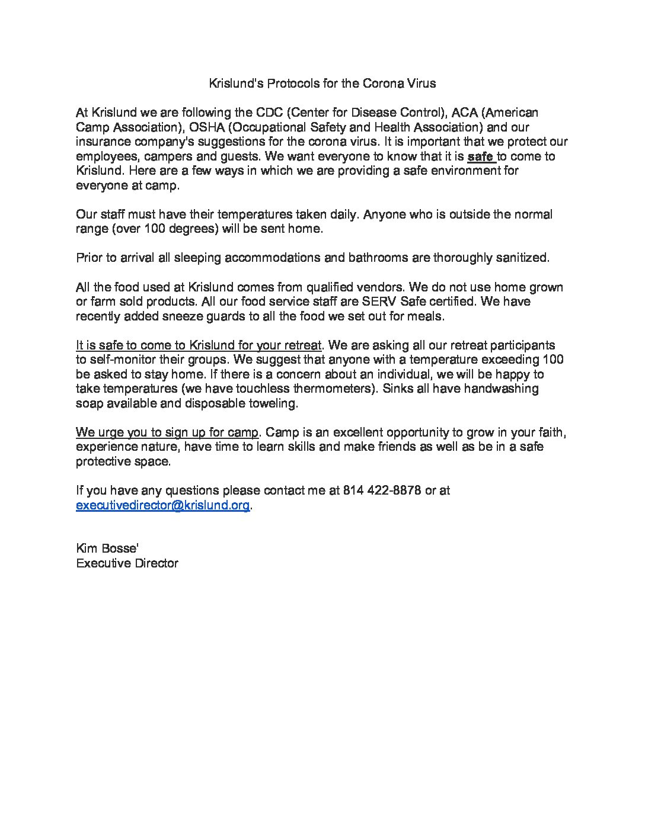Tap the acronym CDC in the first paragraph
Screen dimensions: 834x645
click(270, 113)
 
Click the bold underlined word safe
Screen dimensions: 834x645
click(480, 157)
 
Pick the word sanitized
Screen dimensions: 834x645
click(519, 258)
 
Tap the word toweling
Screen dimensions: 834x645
click(270, 403)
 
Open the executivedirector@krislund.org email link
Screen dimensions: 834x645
click(162, 505)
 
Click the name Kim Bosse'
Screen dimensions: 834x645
click(107, 548)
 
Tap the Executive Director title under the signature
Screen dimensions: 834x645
click(127, 563)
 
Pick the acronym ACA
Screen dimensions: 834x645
click(465, 113)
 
